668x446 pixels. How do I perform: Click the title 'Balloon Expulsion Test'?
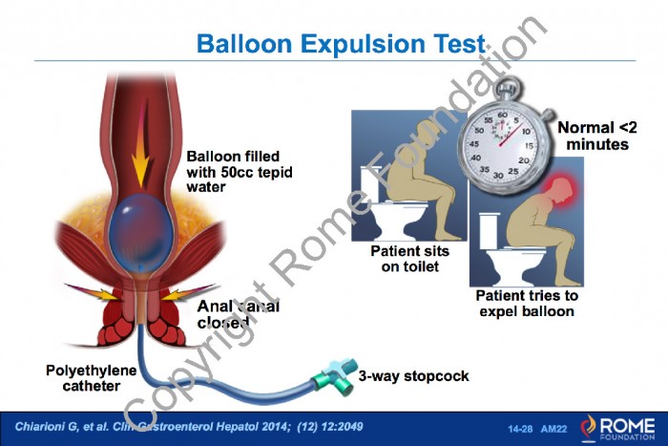(x=341, y=44)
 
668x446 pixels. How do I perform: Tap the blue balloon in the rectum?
(x=141, y=233)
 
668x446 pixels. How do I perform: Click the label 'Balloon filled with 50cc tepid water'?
(x=240, y=172)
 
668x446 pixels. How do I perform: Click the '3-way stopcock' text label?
(x=413, y=376)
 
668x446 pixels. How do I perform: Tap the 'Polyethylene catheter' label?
(x=92, y=378)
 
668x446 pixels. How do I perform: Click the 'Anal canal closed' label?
(x=239, y=314)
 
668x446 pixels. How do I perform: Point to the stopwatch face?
(x=502, y=145)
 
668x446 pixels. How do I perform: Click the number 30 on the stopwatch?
(x=497, y=175)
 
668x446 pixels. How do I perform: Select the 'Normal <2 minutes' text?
(x=597, y=136)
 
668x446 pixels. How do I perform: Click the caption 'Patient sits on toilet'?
(x=409, y=259)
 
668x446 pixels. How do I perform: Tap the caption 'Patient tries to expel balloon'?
(x=527, y=303)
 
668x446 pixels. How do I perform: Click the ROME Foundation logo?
(x=617, y=428)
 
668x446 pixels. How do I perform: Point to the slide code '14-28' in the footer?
(x=520, y=429)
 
